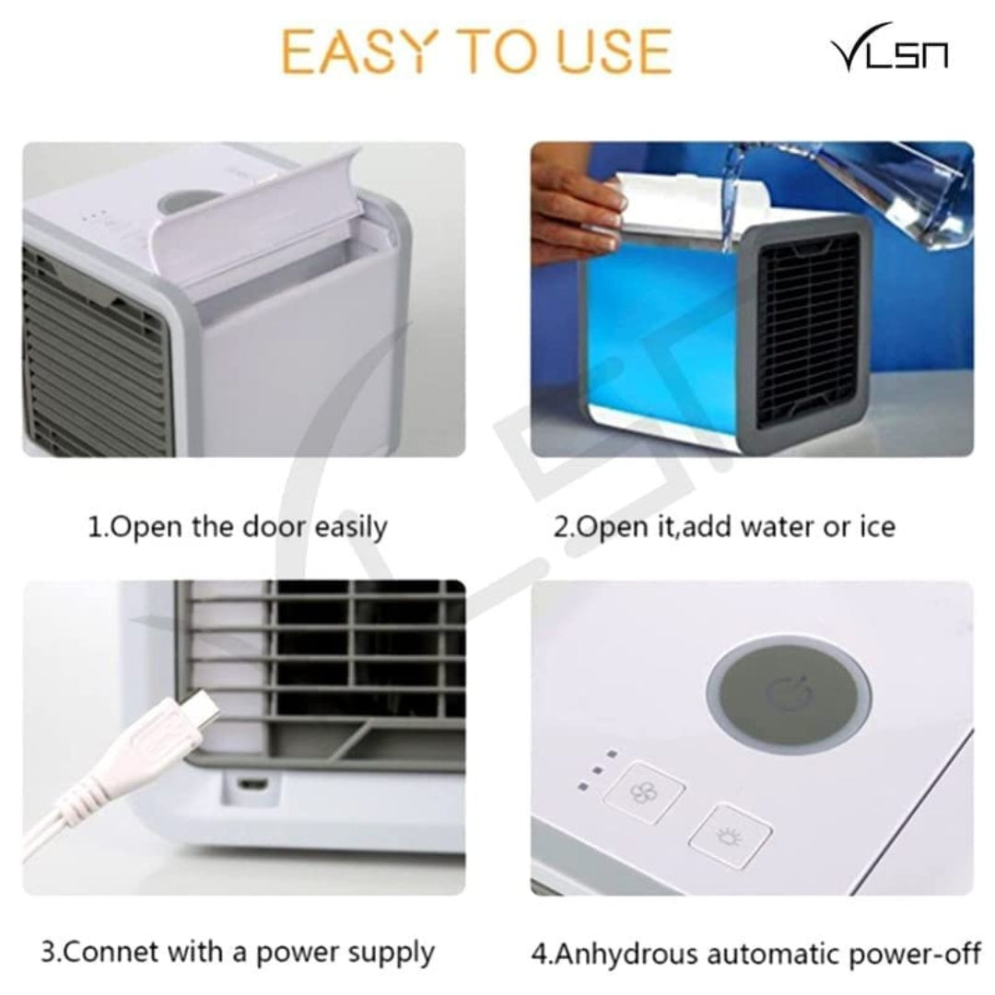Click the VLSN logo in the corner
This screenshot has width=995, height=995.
point(889,53)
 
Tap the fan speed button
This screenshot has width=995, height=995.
point(654,790)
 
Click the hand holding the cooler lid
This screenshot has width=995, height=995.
point(575,207)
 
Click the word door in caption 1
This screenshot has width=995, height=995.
point(275,527)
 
